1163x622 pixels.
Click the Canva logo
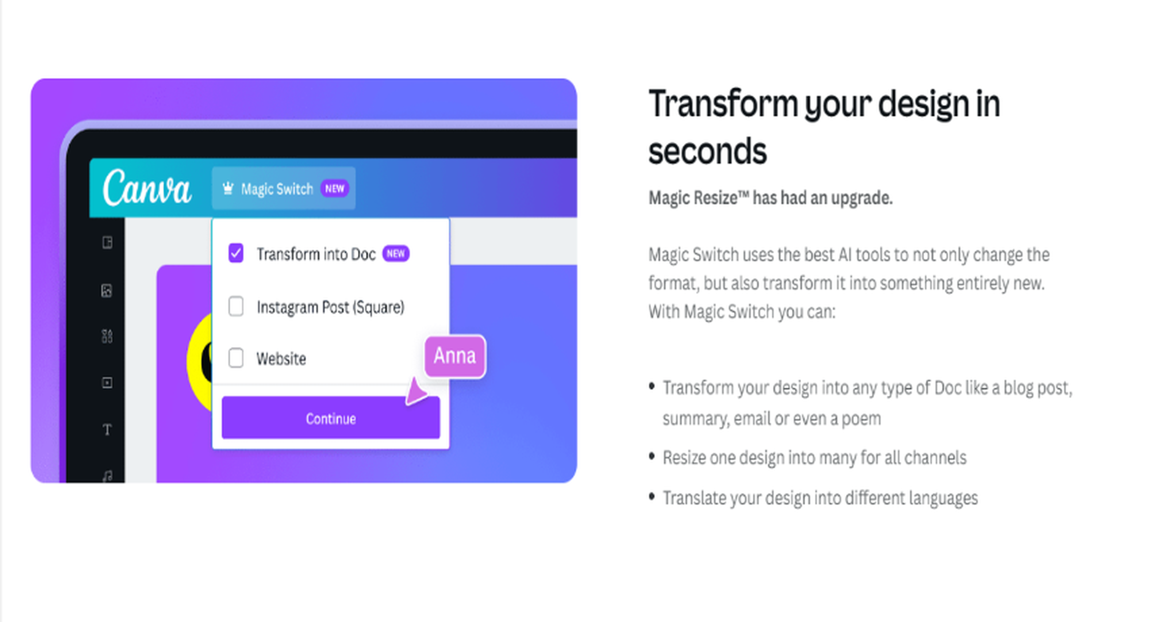pyautogui.click(x=147, y=188)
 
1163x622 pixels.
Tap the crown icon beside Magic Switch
pyautogui.click(x=228, y=188)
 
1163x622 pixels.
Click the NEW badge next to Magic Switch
pyautogui.click(x=335, y=188)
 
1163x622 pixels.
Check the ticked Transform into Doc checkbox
pyautogui.click(x=236, y=253)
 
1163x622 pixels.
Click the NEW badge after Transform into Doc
pyautogui.click(x=396, y=254)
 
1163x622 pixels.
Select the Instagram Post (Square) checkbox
pyautogui.click(x=236, y=306)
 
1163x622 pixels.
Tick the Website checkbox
pyautogui.click(x=236, y=358)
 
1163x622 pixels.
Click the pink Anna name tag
pyautogui.click(x=454, y=356)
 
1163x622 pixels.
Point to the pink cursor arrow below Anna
pyautogui.click(x=416, y=392)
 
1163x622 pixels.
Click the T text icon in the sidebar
pyautogui.click(x=107, y=429)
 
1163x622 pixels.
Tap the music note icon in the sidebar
pyautogui.click(x=107, y=476)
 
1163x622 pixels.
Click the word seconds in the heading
pyautogui.click(x=708, y=151)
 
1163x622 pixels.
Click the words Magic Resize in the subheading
pyautogui.click(x=693, y=198)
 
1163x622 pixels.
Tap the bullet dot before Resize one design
pyautogui.click(x=651, y=457)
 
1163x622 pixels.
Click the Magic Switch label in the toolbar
pyautogui.click(x=277, y=189)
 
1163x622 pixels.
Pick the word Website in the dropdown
pyautogui.click(x=281, y=359)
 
